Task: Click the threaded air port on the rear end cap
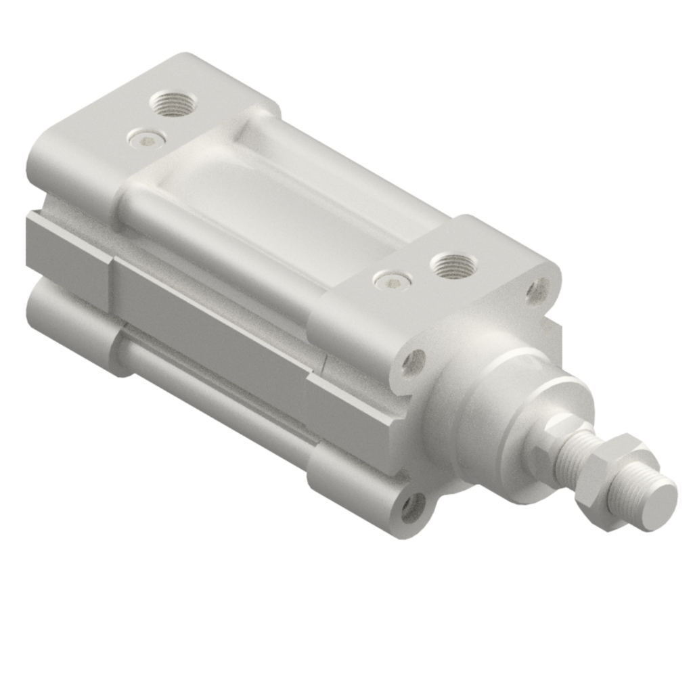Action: click(172, 104)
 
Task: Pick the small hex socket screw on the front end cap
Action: click(391, 279)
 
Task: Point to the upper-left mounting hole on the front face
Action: click(413, 362)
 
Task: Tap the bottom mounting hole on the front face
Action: click(413, 506)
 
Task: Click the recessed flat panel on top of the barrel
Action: click(271, 203)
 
